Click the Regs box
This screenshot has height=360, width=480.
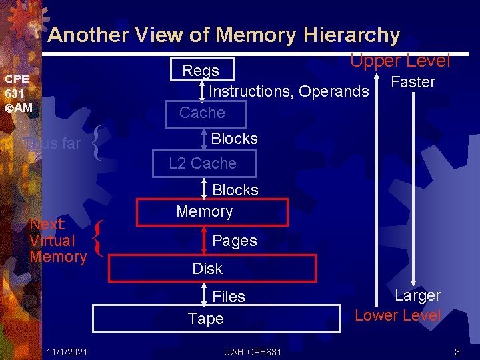click(201, 70)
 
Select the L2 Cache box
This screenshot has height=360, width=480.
click(203, 163)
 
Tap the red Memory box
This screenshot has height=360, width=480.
click(212, 212)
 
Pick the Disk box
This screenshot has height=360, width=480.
click(211, 269)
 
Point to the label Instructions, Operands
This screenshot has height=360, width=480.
click(289, 91)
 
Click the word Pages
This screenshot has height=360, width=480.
click(235, 241)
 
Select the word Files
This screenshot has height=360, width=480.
click(229, 297)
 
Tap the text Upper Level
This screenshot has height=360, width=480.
click(400, 61)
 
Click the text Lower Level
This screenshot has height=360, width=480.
click(398, 315)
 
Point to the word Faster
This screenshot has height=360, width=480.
click(413, 82)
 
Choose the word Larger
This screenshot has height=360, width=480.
click(417, 295)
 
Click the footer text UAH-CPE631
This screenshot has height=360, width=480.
click(253, 351)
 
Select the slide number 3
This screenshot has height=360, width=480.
click(457, 351)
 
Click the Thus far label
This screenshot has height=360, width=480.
click(52, 143)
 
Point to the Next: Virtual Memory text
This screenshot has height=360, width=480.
click(57, 240)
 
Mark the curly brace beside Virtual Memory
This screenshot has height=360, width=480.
click(99, 240)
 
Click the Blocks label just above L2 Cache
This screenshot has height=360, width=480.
click(234, 139)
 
